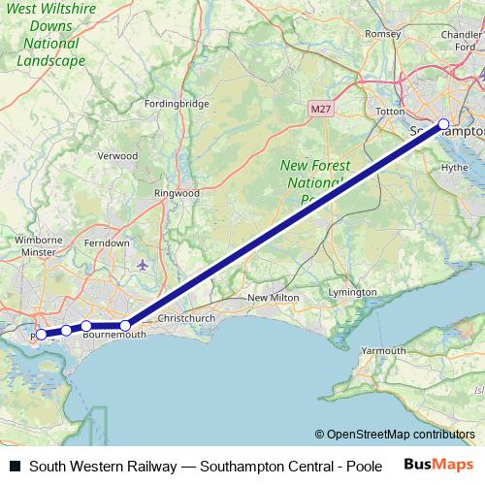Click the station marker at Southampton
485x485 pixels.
click(x=444, y=124)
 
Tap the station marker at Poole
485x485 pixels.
click(x=41, y=335)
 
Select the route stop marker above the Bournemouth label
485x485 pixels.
click(x=86, y=326)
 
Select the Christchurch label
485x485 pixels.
click(x=186, y=318)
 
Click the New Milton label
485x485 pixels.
click(x=271, y=298)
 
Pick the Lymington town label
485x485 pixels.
click(x=353, y=292)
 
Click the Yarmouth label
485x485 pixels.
click(x=383, y=350)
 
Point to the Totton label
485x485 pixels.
click(x=389, y=112)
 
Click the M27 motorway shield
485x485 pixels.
click(x=323, y=109)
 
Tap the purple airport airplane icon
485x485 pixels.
click(x=144, y=265)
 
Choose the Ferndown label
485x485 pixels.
click(x=108, y=242)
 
